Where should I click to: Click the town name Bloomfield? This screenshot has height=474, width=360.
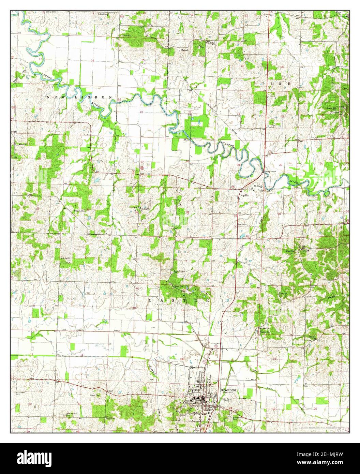[228, 389]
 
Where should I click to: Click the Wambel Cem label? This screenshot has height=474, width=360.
[81, 211]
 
